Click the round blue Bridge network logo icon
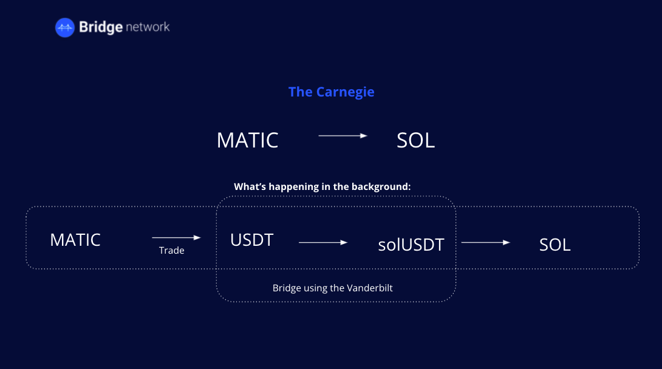64,27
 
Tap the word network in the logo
148,27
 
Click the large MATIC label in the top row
247,140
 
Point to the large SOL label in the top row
415,140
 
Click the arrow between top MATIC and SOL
343,136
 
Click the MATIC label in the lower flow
75,240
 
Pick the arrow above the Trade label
176,238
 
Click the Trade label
171,251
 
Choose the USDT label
251,240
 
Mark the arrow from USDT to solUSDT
323,242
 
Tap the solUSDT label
411,245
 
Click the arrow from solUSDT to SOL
485,242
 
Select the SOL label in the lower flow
555,245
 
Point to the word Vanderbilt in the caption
370,288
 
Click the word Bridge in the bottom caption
287,288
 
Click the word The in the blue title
300,92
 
